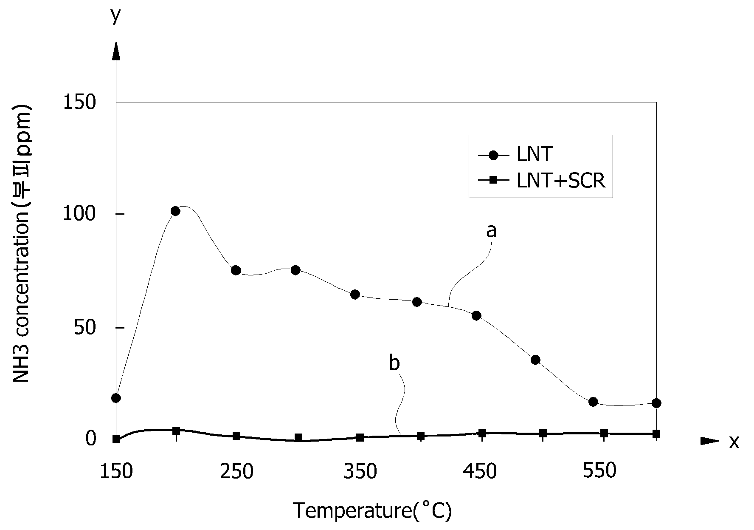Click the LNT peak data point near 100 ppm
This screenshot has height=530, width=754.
(x=175, y=211)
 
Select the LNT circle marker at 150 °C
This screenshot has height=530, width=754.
(x=116, y=398)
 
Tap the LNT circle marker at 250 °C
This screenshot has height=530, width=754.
(x=236, y=270)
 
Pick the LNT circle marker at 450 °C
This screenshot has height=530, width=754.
(x=476, y=315)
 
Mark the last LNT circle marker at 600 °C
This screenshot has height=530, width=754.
(x=656, y=403)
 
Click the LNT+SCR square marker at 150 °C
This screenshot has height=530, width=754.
(x=116, y=439)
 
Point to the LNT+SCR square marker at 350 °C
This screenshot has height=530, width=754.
(x=360, y=437)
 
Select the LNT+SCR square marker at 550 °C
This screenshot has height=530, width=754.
(x=604, y=434)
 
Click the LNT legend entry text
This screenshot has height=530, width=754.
(x=535, y=154)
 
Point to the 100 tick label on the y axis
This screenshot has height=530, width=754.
(x=79, y=214)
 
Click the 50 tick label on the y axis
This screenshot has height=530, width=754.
(x=85, y=328)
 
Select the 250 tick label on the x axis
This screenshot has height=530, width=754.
(x=236, y=471)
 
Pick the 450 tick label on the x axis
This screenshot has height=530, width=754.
(x=480, y=471)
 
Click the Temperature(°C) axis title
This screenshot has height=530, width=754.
(x=372, y=511)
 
